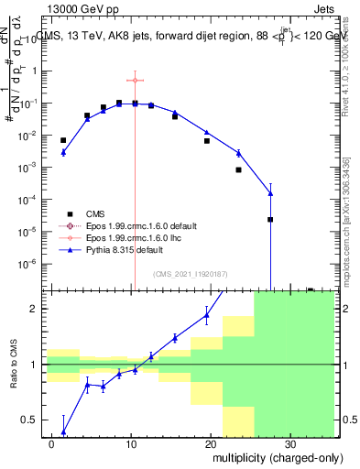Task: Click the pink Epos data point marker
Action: [x=135, y=81]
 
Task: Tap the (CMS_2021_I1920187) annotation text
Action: [x=191, y=273]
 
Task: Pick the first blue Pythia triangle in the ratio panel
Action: [x=63, y=431]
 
